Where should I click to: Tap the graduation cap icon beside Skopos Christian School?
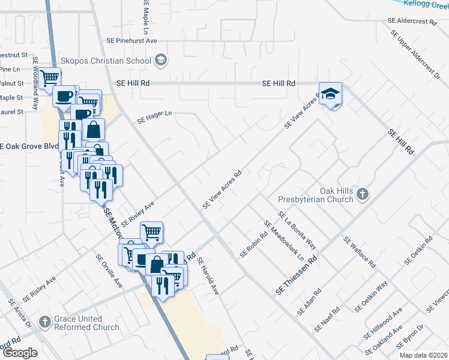click(x=161, y=59)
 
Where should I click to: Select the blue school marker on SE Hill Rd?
click(x=330, y=94)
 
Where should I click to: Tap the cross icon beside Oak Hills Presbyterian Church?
click(x=361, y=194)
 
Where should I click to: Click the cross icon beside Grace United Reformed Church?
click(x=44, y=322)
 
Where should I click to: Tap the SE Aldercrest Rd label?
click(x=412, y=20)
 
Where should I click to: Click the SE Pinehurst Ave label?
click(x=131, y=40)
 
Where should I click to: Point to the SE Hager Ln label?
click(x=154, y=116)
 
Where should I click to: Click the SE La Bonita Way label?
click(x=297, y=230)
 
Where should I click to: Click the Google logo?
click(x=19, y=353)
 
